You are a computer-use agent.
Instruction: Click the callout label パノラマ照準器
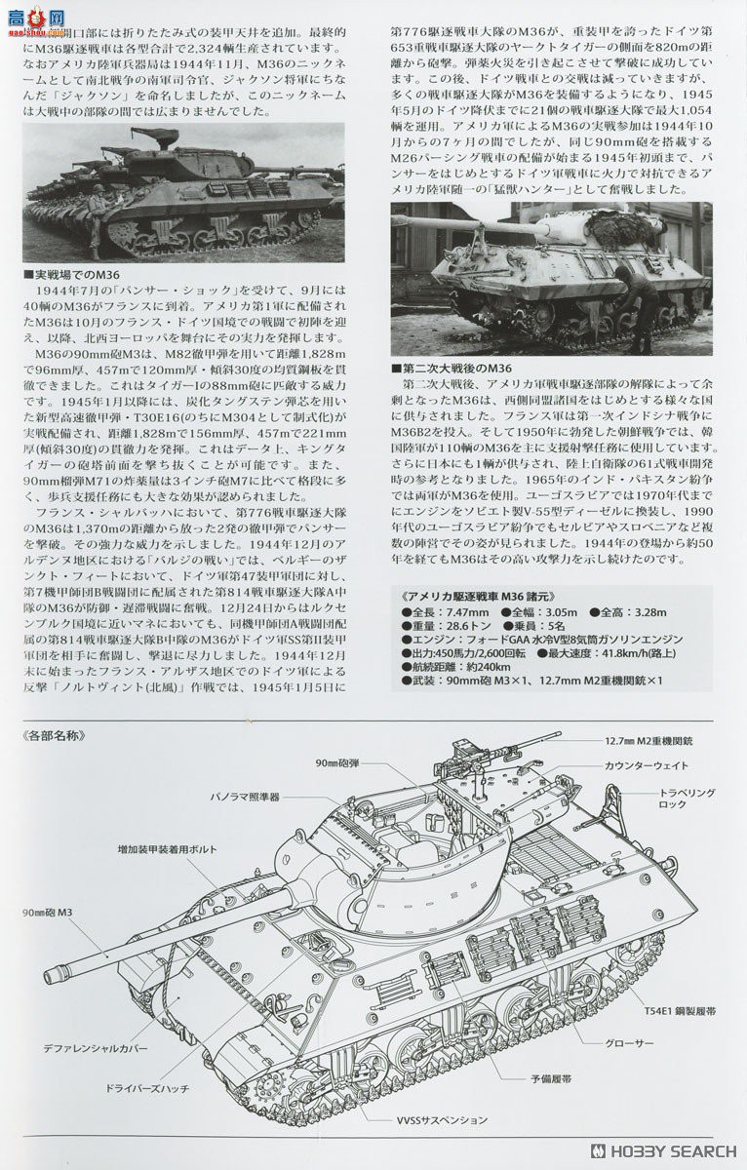tap(245, 797)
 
